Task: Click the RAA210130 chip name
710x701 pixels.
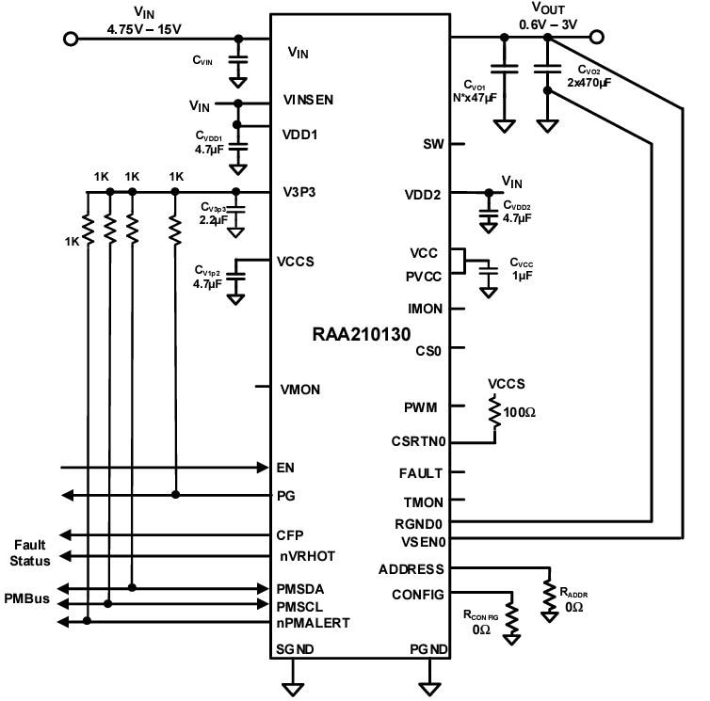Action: pos(362,333)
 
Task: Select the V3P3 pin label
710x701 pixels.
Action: pos(299,193)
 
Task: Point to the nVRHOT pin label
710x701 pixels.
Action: pos(306,556)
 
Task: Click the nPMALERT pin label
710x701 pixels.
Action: pos(314,622)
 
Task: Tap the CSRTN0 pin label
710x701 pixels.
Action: pos(418,440)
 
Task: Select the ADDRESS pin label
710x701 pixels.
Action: pos(411,568)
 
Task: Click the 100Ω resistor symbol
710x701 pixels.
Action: pos(494,412)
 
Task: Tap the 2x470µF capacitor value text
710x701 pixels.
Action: pos(589,83)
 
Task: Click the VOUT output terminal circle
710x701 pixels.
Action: pos(595,38)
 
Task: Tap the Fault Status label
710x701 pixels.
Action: pos(31,553)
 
